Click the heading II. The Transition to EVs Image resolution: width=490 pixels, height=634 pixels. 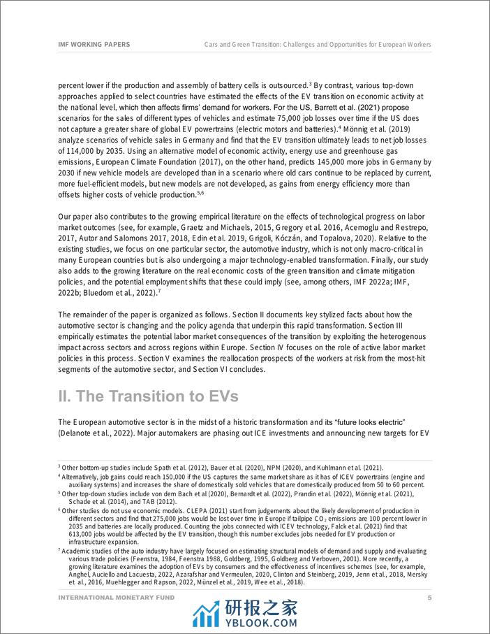(148, 396)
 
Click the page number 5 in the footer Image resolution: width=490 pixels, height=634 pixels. (430, 598)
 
